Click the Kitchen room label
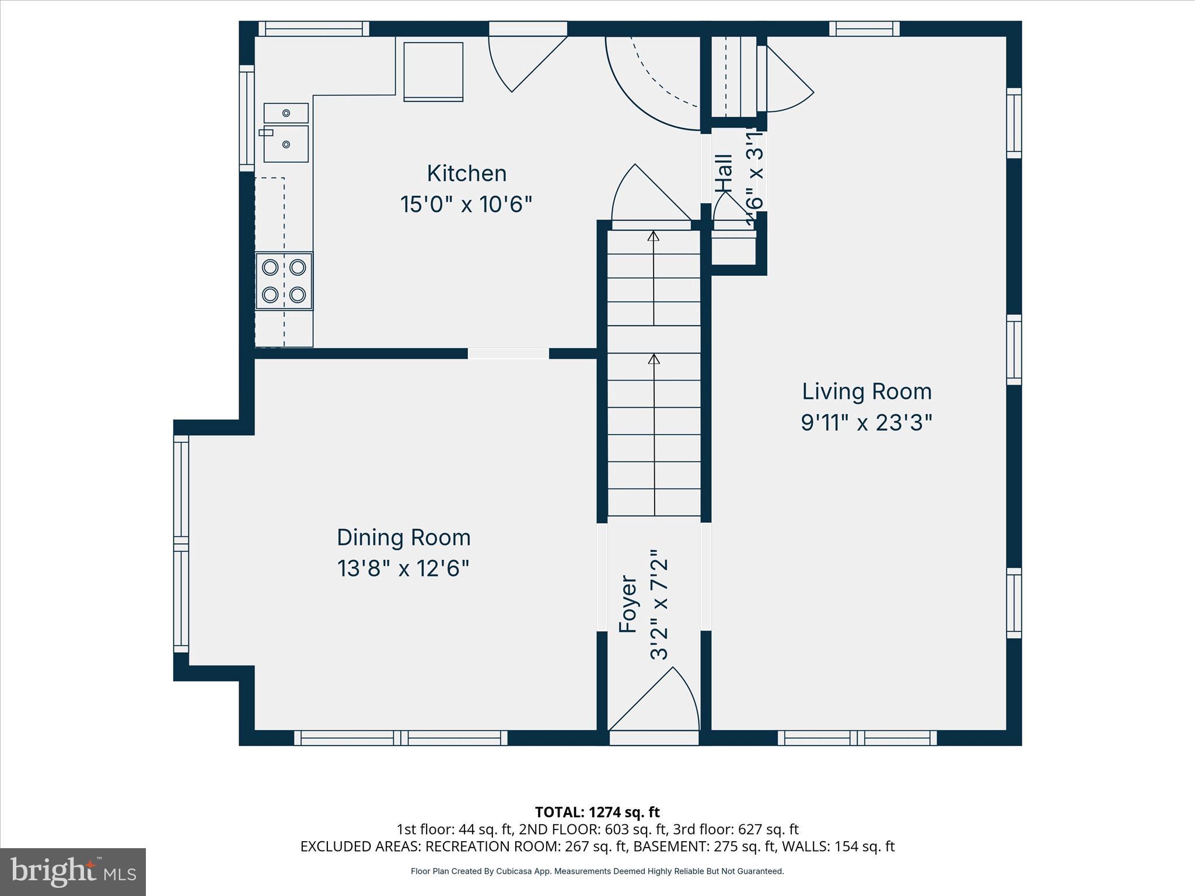pos(466,173)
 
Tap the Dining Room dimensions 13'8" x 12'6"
pos(403,568)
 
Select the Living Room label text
pos(866,391)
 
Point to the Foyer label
pos(628,604)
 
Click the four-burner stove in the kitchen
pos(284,281)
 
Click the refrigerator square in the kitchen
pos(434,71)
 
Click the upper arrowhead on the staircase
pos(654,236)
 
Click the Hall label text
pos(724,173)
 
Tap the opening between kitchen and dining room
pos(508,353)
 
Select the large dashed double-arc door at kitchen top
pos(654,82)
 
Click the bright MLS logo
pos(72,871)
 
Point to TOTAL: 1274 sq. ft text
pos(597,811)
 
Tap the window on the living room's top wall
pos(864,29)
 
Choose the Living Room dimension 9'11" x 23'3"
pos(866,422)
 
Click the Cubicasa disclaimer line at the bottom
pos(597,871)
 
